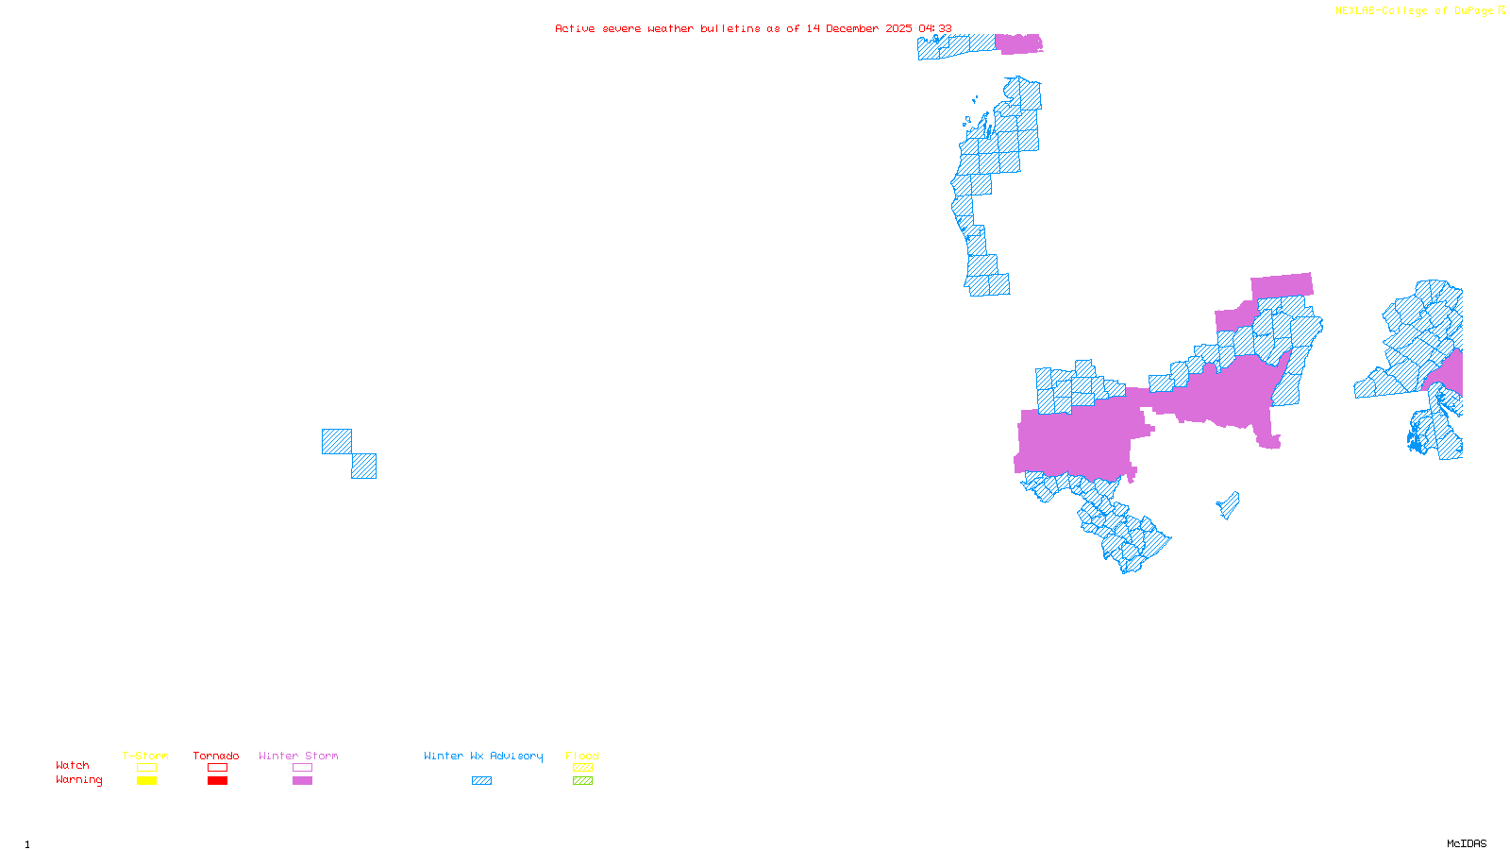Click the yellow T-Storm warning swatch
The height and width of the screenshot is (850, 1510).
146,781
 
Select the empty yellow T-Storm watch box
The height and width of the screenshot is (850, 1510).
146,768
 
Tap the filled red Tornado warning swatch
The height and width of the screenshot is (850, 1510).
217,781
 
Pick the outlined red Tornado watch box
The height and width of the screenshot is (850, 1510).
217,768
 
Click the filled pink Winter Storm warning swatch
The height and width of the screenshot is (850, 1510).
302,781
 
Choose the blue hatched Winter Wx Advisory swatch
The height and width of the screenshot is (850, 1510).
481,781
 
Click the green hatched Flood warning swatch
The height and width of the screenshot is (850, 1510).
582,781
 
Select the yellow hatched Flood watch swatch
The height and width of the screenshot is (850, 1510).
582,768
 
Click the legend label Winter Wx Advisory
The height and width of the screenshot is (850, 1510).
483,756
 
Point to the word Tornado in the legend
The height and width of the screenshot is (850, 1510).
216,756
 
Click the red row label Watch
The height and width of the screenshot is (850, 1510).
73,766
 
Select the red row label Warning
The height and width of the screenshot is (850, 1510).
78,780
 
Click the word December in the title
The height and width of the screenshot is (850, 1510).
854,28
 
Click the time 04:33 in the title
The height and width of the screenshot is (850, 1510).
934,28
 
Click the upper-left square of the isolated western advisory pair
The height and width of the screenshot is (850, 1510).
337,441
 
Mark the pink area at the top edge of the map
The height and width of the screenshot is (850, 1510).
1019,43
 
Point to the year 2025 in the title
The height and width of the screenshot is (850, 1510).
898,28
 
